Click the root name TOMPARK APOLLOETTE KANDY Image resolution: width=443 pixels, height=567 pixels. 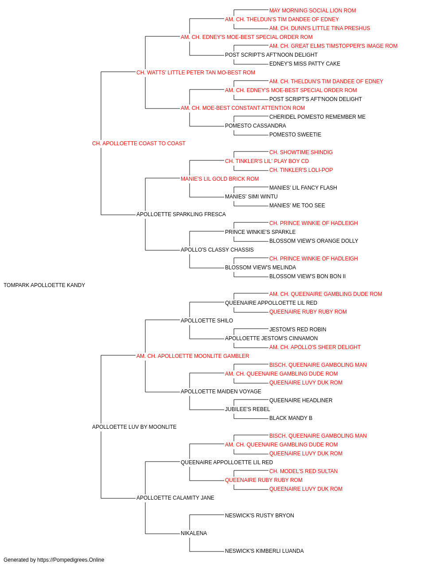44,285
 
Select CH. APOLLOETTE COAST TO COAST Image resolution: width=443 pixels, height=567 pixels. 139,144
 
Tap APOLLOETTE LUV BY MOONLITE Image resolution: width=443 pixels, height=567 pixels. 134,427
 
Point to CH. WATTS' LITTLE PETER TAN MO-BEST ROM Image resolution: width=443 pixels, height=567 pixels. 196,73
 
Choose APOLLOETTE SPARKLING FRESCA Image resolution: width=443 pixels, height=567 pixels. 181,214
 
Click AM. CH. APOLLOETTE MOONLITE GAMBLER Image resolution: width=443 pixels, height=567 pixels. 193,356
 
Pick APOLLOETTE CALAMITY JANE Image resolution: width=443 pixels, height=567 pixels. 175,497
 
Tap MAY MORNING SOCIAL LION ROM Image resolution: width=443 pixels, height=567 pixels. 313,11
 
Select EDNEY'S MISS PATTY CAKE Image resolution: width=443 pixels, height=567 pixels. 305,64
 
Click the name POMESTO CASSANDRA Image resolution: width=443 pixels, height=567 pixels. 256,126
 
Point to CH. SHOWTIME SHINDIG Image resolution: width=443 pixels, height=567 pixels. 301,152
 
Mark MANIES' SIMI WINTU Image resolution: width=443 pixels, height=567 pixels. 251,197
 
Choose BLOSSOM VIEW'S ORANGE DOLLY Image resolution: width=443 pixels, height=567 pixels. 314,241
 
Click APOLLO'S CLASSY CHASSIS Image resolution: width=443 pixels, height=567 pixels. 217,250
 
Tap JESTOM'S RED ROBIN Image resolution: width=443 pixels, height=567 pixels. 298,329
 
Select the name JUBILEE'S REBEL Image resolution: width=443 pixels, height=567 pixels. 247,409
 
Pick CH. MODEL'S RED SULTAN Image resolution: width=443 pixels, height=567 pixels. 303,471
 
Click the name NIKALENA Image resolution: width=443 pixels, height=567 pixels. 194,533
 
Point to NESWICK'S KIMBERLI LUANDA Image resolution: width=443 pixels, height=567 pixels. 264,551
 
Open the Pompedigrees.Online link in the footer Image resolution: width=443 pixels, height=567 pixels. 71,560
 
